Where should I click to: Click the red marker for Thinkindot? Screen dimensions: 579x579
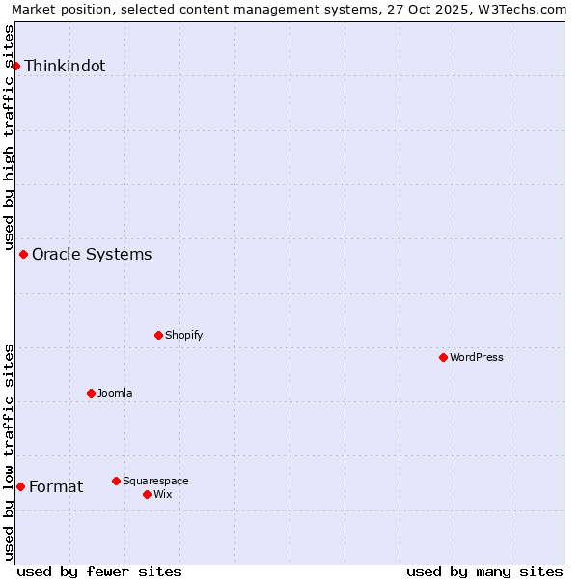(x=16, y=66)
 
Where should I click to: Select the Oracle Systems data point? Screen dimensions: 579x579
(x=24, y=254)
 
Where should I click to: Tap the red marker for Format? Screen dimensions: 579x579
(x=20, y=486)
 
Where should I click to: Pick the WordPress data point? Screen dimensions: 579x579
(x=443, y=357)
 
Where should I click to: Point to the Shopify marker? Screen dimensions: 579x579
(x=158, y=335)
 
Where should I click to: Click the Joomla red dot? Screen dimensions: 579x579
(x=91, y=393)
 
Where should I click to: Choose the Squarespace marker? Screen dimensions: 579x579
(x=116, y=481)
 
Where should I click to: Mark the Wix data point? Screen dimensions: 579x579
(x=147, y=494)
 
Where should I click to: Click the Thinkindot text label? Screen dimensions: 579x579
(x=65, y=67)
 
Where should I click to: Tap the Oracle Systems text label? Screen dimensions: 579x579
(x=92, y=255)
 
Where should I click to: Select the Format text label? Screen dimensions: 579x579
(x=56, y=487)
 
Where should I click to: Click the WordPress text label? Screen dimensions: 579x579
(x=477, y=358)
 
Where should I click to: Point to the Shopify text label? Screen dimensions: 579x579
(x=184, y=336)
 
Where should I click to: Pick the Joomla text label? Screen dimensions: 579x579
(x=115, y=394)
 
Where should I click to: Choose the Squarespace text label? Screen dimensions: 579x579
(x=155, y=482)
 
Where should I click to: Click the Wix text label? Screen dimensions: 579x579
(x=162, y=495)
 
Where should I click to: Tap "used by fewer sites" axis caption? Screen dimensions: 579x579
(x=99, y=571)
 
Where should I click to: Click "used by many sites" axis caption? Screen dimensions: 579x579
(x=484, y=571)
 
